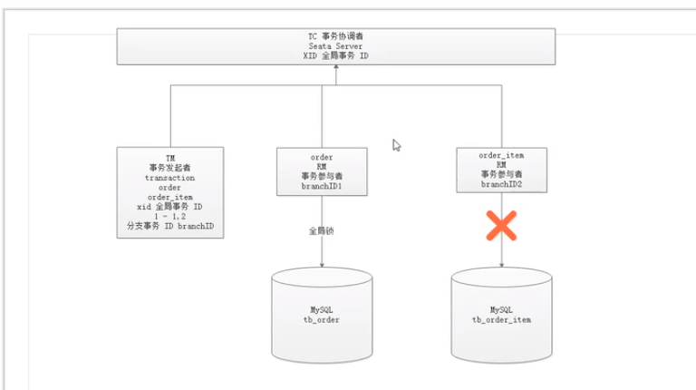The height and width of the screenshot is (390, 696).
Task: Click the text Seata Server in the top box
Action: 335,45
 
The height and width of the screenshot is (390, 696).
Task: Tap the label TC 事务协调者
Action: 335,35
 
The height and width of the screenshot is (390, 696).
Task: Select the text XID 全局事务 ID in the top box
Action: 335,55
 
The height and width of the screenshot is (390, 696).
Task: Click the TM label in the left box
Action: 169,157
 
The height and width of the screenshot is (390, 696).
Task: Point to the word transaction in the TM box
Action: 169,178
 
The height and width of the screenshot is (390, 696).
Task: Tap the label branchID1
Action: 322,186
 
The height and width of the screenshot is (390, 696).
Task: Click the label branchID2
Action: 501,184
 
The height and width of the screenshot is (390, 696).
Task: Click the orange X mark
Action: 501,225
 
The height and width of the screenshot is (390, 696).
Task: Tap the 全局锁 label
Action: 322,230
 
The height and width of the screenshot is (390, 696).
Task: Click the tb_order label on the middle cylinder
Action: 322,320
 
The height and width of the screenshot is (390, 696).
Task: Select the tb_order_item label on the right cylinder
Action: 501,320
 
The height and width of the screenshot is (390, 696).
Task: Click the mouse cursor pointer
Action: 396,145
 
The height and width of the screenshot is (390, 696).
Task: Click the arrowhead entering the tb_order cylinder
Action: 322,264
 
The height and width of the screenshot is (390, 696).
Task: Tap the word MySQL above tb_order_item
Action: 501,309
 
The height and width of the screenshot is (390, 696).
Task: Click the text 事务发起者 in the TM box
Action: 169,168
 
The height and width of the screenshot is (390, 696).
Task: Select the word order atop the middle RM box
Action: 322,157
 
